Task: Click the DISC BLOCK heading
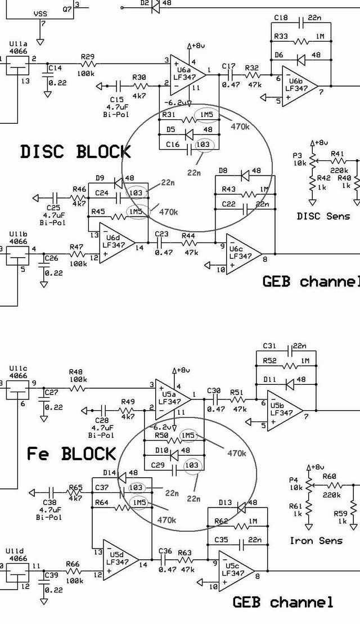tap(75, 151)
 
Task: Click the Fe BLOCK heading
tap(71, 454)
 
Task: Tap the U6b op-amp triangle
tap(298, 86)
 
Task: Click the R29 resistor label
tap(88, 56)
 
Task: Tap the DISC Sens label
tap(323, 216)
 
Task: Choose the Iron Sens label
tap(316, 541)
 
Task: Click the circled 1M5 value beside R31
tap(204, 115)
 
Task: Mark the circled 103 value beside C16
tap(203, 145)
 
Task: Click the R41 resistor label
tap(337, 154)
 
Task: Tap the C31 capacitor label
tap(270, 345)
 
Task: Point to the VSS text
tap(40, 13)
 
